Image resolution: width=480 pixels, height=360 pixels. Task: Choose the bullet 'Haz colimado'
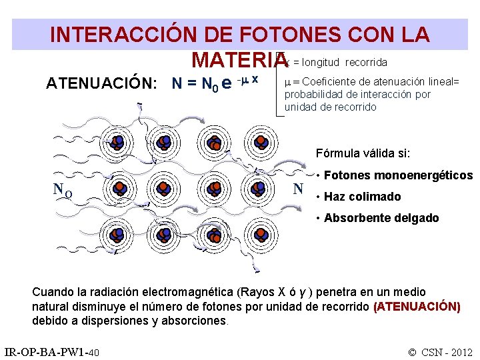[x=363, y=197]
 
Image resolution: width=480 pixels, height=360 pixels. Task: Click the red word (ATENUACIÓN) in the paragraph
[x=417, y=307]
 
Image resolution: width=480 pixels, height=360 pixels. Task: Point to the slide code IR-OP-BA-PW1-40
[x=52, y=351]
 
